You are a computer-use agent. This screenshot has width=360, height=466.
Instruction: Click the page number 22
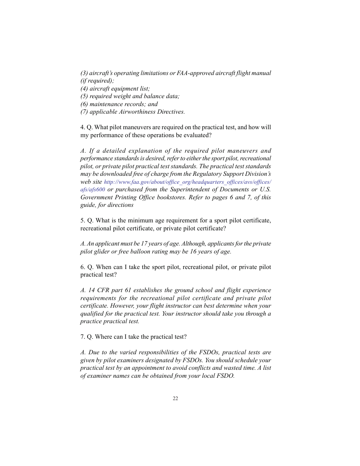[175, 398]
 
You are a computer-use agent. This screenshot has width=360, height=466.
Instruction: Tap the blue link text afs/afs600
[92, 189]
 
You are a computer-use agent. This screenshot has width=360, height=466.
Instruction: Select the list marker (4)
[84, 89]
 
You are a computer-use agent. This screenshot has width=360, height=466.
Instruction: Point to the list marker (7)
[84, 112]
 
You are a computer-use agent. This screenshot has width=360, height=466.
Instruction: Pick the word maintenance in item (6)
[106, 104]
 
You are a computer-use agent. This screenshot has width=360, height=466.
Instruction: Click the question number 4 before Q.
[82, 127]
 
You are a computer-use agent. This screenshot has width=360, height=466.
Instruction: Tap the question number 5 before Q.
[82, 220]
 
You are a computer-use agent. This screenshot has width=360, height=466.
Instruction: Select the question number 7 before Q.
[82, 337]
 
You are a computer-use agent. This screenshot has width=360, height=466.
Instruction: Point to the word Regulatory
[208, 174]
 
